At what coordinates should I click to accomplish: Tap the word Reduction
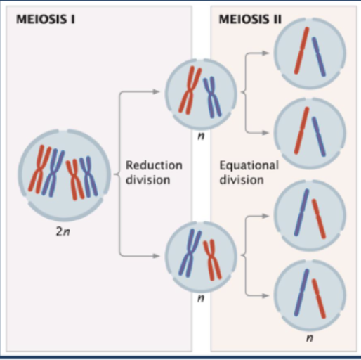tap(154, 166)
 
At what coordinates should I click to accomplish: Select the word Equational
tap(249, 166)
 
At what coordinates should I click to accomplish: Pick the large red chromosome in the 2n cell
tap(41, 169)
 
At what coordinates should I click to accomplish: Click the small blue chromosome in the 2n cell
tap(88, 176)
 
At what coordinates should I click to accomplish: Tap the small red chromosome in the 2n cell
tap(73, 176)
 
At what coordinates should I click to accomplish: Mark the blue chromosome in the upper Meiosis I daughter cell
tap(211, 96)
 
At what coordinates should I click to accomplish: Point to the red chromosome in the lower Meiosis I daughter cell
tap(211, 259)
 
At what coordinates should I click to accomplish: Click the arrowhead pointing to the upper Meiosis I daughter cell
tap(158, 91)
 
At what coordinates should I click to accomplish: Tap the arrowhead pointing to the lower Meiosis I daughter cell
tap(158, 255)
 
